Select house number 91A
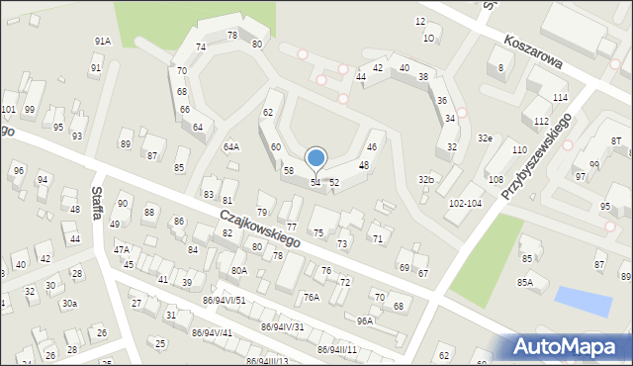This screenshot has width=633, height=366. coord(102,41)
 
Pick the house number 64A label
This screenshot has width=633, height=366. coord(231,147)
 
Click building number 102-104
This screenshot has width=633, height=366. coord(465,203)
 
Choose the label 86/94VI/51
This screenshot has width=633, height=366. coord(225,300)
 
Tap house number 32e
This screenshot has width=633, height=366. coord(485,138)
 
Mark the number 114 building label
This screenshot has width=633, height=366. coord(560,98)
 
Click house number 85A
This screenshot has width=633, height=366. coord(524,282)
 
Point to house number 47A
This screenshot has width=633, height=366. coord(122,250)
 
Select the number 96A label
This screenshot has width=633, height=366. coord(365,320)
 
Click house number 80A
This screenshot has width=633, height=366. coord(238,270)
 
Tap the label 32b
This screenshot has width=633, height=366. coord(426,179)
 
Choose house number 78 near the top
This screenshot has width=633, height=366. coord(232,36)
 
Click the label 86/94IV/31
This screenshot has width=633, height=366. coord(282,326)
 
